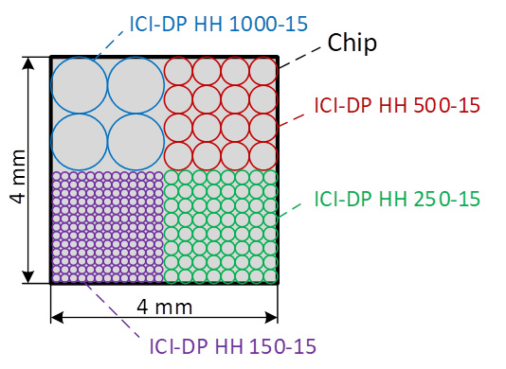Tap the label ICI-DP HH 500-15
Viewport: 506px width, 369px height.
click(397, 105)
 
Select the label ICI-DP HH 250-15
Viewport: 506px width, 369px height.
click(397, 200)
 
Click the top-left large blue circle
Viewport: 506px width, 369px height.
click(80, 85)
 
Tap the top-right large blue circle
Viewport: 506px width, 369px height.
click(136, 85)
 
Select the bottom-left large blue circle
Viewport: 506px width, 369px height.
click(80, 142)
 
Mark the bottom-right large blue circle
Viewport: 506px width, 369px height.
click(136, 142)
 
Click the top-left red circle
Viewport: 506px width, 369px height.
click(178, 71)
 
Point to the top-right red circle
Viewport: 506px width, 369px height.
click(263, 71)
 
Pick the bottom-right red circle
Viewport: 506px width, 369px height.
click(263, 156)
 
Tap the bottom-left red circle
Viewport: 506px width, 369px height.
click(178, 156)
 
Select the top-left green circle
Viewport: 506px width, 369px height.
click(172, 177)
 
